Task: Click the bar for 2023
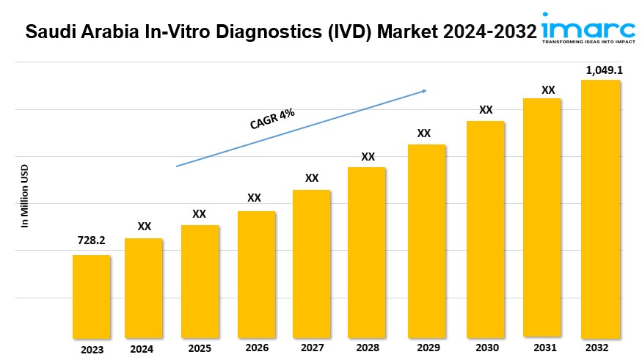pyautogui.click(x=91, y=296)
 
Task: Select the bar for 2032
pyautogui.click(x=600, y=209)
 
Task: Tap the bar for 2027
pyautogui.click(x=311, y=264)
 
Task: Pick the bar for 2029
pyautogui.click(x=426, y=241)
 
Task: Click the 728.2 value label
pyautogui.click(x=91, y=240)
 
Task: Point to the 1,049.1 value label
pyautogui.click(x=599, y=70)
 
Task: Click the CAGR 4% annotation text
pyautogui.click(x=272, y=118)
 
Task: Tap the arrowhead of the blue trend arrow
pyautogui.click(x=423, y=92)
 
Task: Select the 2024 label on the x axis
pyautogui.click(x=142, y=349)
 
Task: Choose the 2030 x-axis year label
pyautogui.click(x=486, y=348)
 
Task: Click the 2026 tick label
pyautogui.click(x=257, y=348)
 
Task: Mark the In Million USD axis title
pyautogui.click(x=24, y=196)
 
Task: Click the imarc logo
pyautogui.click(x=588, y=28)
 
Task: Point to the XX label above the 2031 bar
pyautogui.click(x=548, y=90)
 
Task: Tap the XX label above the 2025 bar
pyautogui.click(x=199, y=214)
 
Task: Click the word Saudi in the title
pyautogui.click(x=49, y=32)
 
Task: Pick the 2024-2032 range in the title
pyautogui.click(x=487, y=32)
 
